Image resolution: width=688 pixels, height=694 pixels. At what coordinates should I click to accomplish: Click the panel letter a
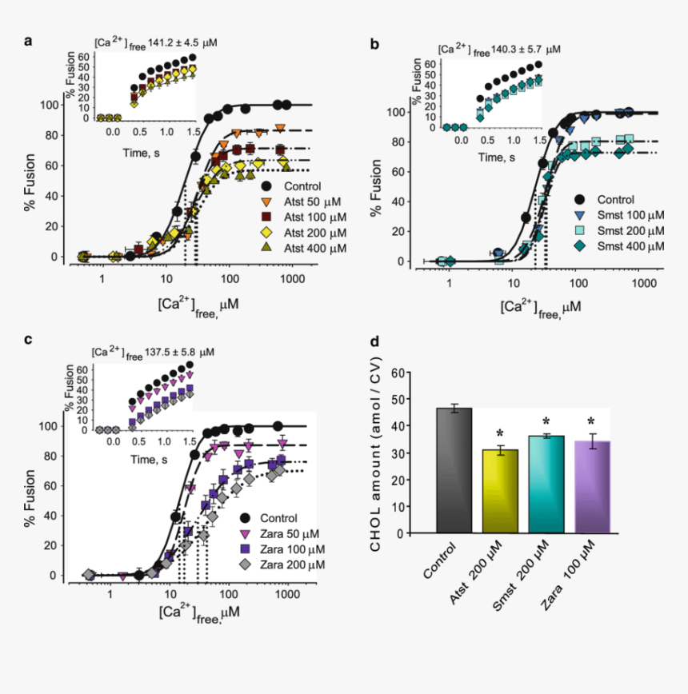coord(28,42)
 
